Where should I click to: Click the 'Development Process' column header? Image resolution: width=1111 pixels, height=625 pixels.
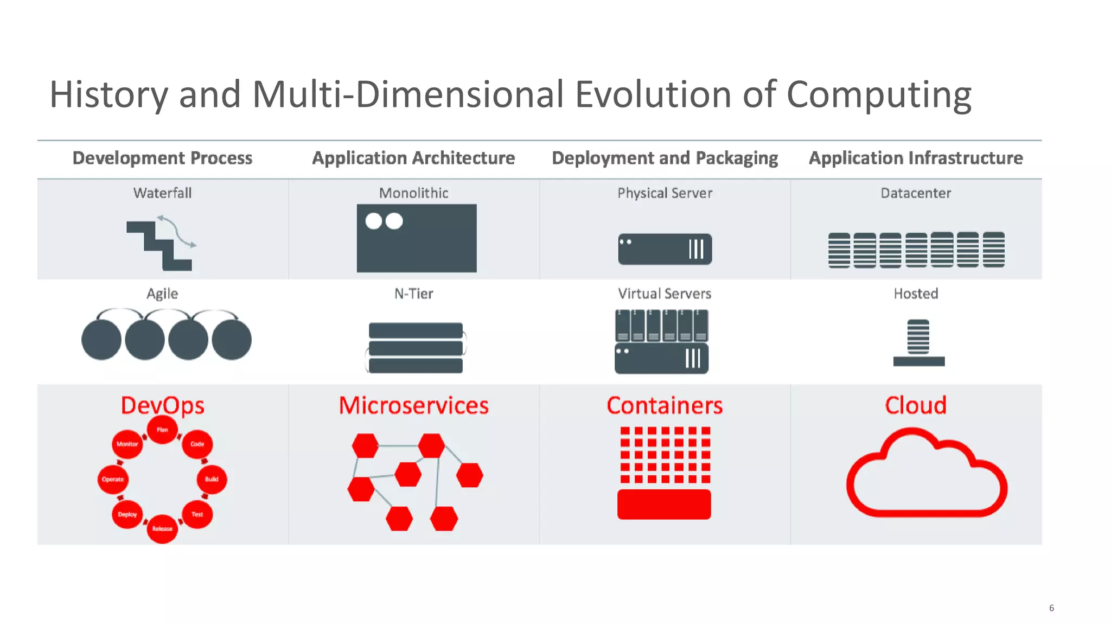162,158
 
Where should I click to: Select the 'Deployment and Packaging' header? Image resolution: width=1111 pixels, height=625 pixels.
665,158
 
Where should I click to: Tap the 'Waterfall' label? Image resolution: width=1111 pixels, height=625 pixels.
162,193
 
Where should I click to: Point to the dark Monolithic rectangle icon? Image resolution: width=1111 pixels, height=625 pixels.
417,239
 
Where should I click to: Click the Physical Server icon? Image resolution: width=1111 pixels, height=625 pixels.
665,249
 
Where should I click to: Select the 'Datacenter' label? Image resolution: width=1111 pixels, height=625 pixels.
916,193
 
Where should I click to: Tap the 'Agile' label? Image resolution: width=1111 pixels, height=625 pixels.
162,294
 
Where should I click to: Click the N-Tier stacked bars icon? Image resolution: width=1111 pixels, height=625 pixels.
416,348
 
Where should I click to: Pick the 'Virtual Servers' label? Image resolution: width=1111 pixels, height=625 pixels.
665,294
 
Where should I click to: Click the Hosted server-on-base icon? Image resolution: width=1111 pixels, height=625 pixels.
918,343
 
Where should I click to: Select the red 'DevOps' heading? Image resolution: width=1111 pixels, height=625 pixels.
162,405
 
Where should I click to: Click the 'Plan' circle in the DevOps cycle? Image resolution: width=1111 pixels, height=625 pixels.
162,430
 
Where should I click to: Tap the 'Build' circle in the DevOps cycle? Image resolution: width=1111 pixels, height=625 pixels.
212,479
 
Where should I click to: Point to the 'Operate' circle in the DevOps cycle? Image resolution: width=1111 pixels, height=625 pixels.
113,479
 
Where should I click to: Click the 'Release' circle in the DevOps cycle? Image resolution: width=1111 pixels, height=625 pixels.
162,528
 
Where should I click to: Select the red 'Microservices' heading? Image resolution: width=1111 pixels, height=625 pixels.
413,405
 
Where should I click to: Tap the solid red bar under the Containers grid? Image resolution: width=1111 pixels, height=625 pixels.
664,505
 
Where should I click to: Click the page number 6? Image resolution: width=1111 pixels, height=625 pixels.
1051,608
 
